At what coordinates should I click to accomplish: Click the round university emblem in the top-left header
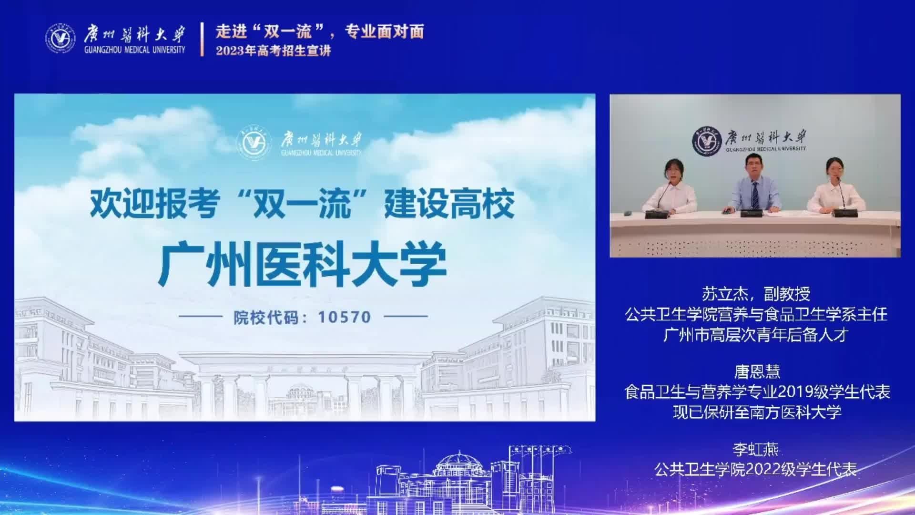coord(61,38)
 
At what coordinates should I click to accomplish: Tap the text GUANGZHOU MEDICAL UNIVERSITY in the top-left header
coord(134,50)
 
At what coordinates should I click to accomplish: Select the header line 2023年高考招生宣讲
coord(273,51)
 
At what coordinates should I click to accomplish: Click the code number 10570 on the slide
coord(345,317)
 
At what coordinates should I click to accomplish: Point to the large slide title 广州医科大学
coord(303,265)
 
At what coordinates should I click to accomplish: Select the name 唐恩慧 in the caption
coord(757,371)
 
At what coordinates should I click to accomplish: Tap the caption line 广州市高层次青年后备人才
coord(756,335)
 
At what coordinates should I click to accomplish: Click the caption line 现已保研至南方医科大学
coord(757,412)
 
